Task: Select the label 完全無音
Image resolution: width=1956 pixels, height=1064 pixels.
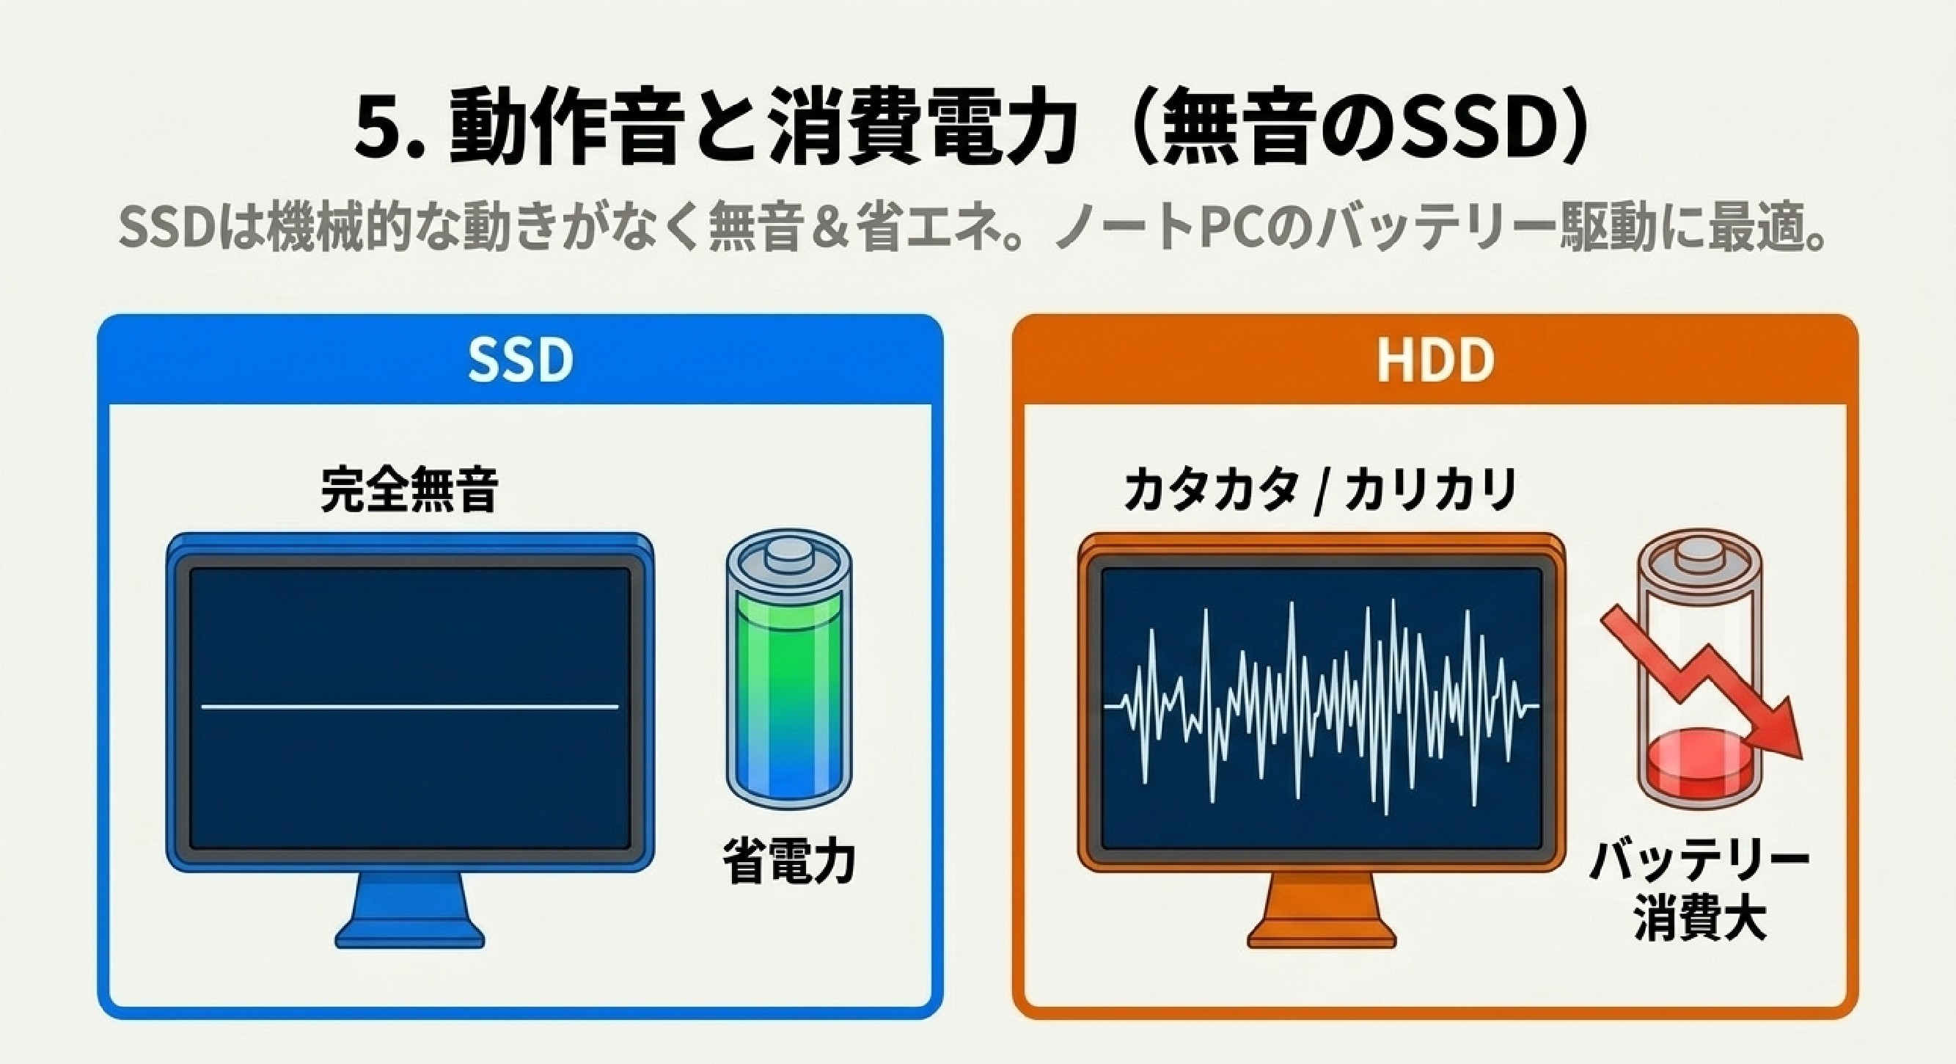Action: [409, 490]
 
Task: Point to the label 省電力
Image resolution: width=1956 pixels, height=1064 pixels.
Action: [789, 861]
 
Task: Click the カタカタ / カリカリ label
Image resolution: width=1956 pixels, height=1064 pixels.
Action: [1320, 490]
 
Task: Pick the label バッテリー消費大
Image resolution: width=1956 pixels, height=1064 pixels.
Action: [1699, 889]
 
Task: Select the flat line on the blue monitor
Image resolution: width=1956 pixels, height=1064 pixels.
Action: [410, 707]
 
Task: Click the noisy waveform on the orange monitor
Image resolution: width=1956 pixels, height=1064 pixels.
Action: [1321, 707]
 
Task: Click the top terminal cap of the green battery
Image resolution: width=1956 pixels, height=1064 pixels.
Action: [788, 556]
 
